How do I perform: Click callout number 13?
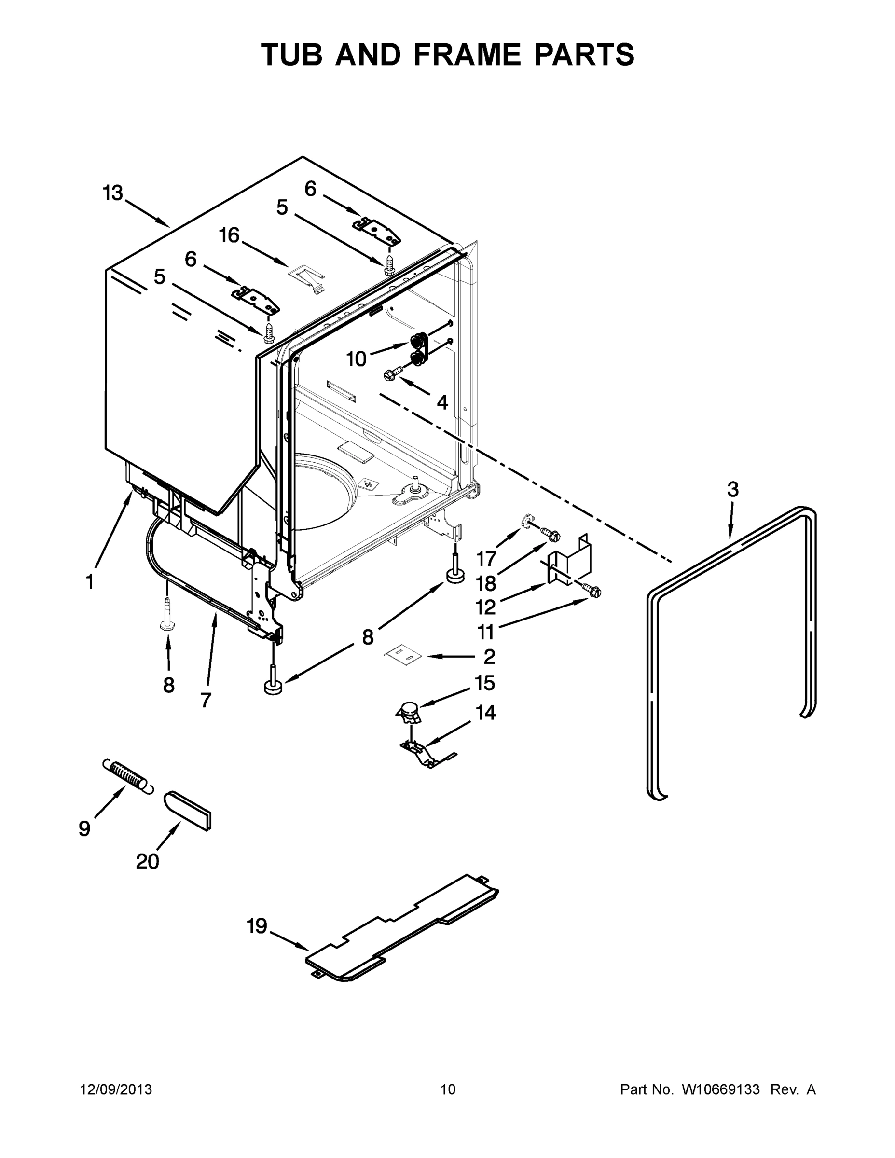[x=113, y=193]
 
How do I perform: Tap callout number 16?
[x=230, y=235]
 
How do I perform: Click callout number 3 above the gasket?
[x=732, y=489]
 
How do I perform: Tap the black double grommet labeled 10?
[x=418, y=348]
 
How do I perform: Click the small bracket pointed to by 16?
[x=307, y=277]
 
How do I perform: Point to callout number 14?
[x=486, y=713]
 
